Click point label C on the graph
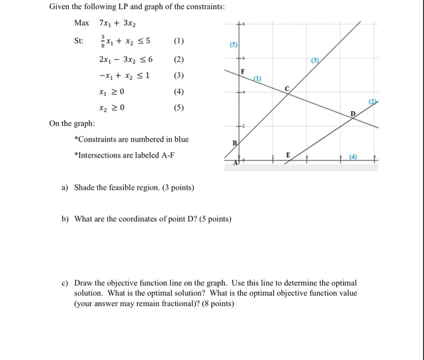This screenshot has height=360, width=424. (x=287, y=88)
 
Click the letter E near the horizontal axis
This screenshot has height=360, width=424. (x=288, y=156)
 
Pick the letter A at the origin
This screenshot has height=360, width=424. (x=236, y=164)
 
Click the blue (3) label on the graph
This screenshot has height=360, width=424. (x=314, y=61)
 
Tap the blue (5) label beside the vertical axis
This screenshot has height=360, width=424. (x=233, y=45)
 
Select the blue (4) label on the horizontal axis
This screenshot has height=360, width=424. (x=353, y=158)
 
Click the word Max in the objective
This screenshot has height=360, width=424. (x=81, y=23)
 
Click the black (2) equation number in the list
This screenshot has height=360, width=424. (x=178, y=60)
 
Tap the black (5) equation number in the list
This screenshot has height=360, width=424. (x=178, y=108)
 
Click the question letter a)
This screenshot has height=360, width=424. (x=65, y=187)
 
